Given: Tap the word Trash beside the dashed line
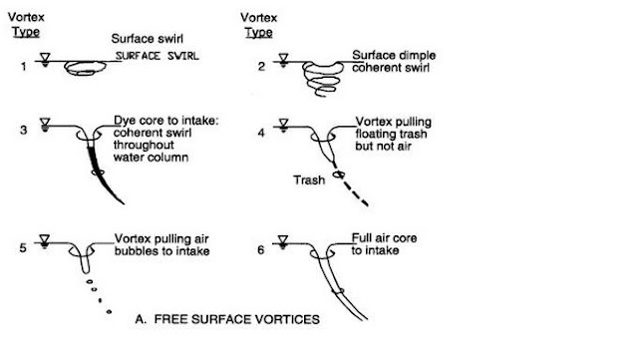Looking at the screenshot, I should (x=309, y=180).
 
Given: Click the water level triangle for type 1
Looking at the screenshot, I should (x=44, y=56).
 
